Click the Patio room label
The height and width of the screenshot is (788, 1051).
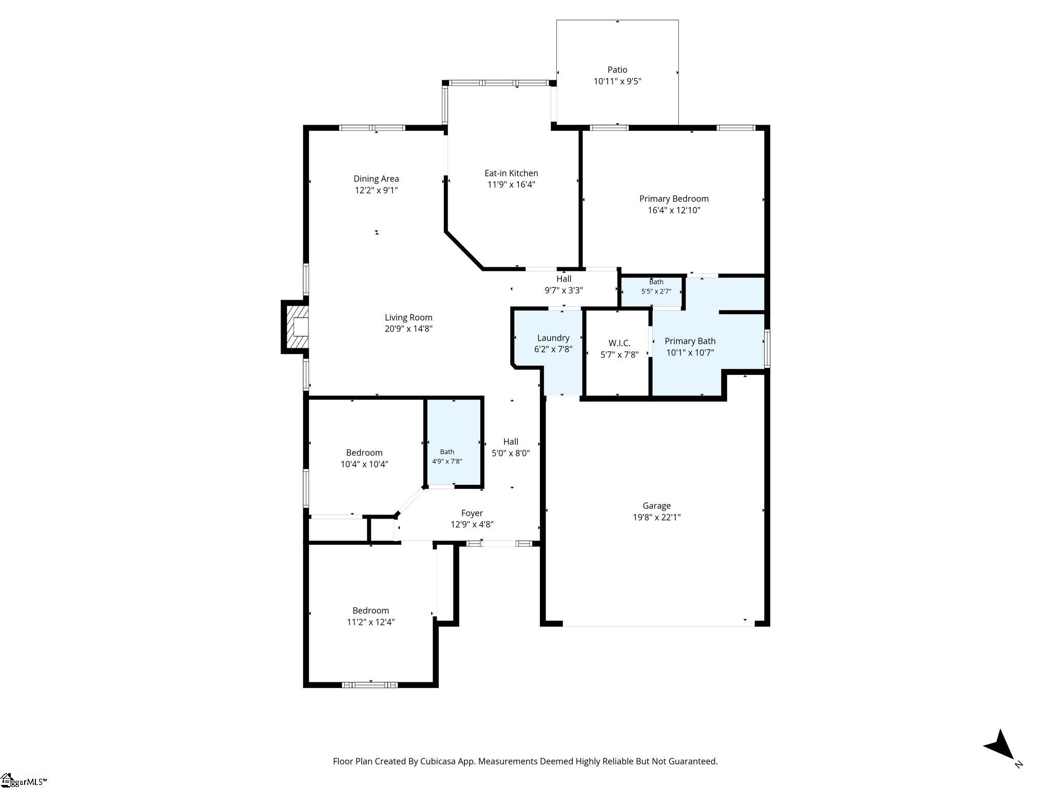[617, 70]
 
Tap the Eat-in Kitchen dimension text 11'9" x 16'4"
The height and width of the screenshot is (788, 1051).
[511, 185]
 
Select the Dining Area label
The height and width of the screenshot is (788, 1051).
[376, 179]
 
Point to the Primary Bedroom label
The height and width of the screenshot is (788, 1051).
[674, 199]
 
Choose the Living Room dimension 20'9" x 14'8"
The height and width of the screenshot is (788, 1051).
[408, 329]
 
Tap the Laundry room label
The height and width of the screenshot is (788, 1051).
[553, 338]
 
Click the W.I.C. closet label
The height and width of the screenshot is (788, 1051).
[619, 343]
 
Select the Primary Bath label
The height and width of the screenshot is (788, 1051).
[690, 341]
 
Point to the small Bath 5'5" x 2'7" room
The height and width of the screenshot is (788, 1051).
[652, 291]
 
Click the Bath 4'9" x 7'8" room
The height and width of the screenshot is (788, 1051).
[454, 442]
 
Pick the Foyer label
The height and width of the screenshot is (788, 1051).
[472, 513]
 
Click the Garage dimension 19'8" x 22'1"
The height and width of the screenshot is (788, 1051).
[657, 517]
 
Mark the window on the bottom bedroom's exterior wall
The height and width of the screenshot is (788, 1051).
[369, 684]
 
